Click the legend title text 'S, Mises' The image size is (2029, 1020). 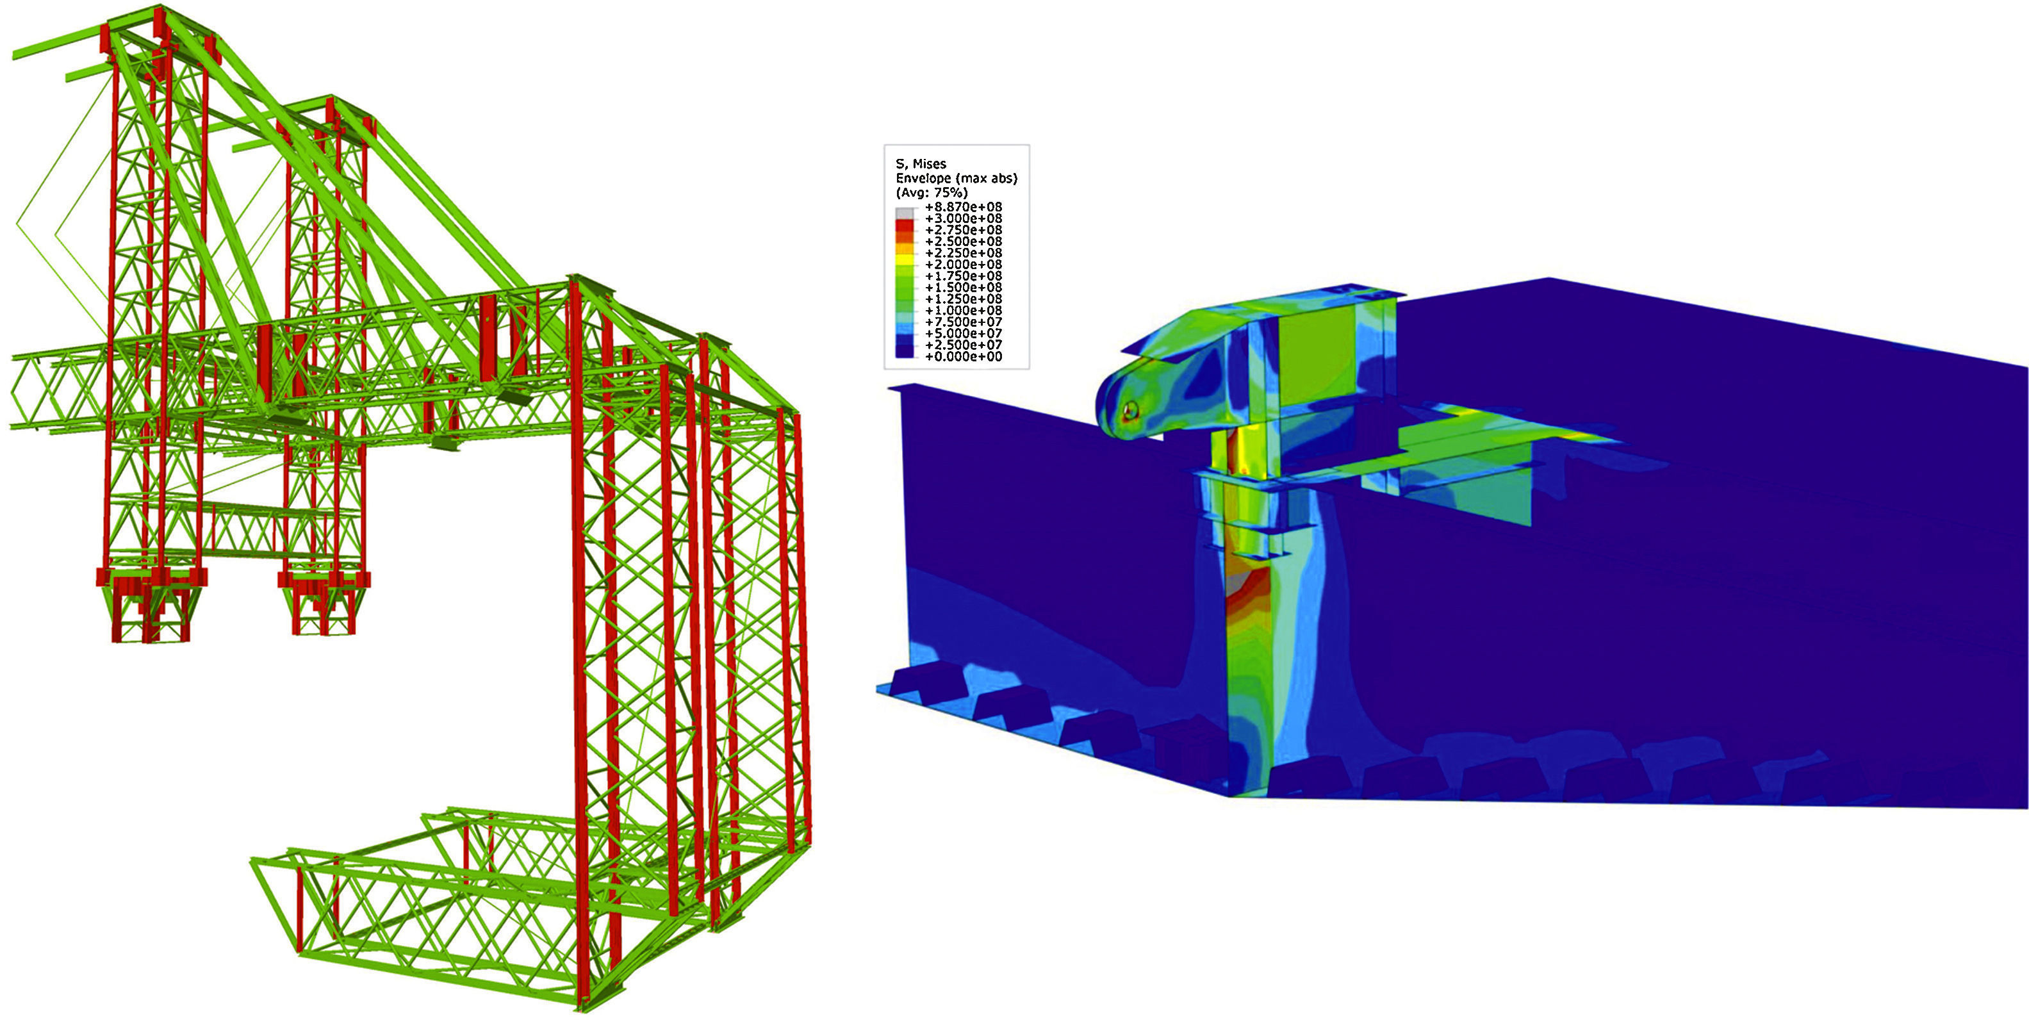(x=921, y=164)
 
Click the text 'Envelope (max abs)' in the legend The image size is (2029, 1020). (x=957, y=179)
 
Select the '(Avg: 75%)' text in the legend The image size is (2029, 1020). (x=932, y=193)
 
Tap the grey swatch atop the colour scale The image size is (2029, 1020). (x=905, y=213)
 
